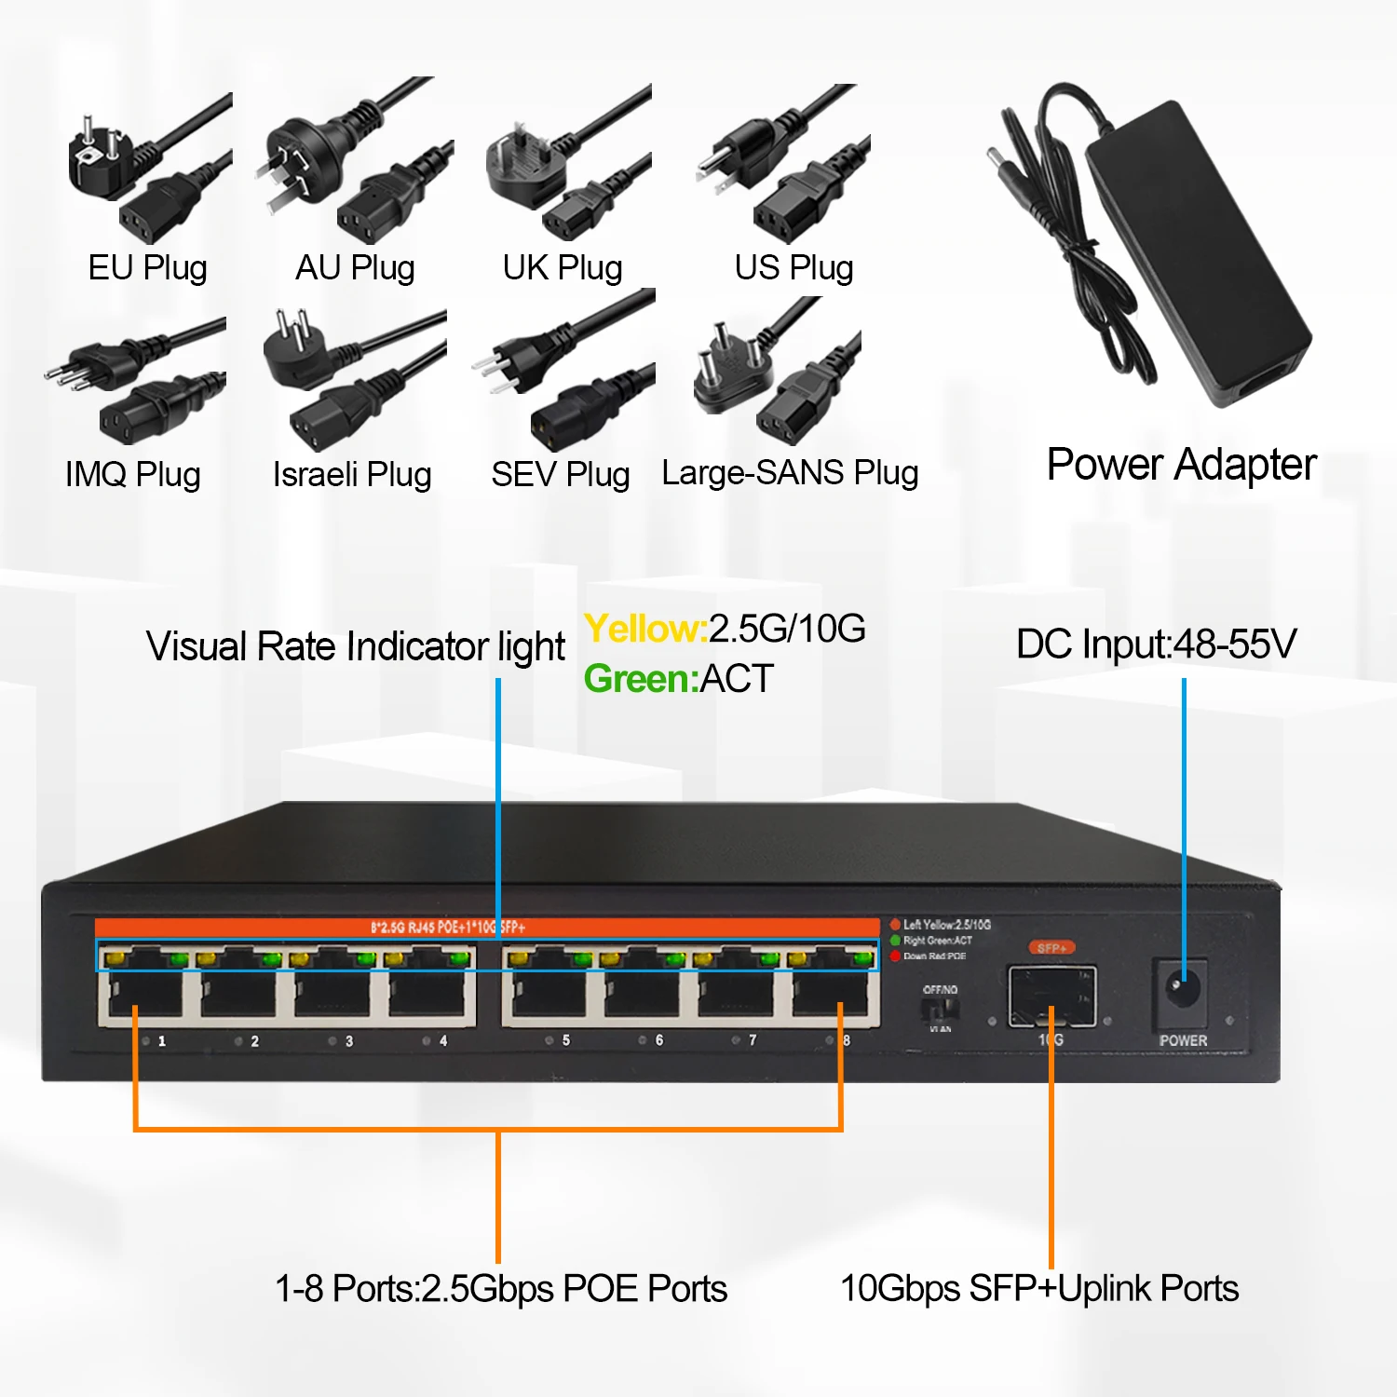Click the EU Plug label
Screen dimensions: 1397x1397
pos(147,268)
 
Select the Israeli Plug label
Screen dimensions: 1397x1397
pos(352,475)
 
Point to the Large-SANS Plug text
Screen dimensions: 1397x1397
pos(790,473)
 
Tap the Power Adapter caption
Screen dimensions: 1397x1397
pos(1181,465)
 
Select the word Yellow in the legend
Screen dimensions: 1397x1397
pos(644,630)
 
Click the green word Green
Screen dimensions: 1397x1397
pos(640,679)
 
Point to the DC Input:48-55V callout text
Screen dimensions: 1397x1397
pos(1156,644)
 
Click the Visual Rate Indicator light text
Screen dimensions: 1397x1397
pos(355,647)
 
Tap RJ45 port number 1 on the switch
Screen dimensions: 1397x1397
pos(144,994)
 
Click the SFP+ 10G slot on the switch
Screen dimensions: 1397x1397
pos(1051,995)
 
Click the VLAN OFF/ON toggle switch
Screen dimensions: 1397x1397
pos(940,1008)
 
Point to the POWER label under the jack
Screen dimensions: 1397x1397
pos(1183,1040)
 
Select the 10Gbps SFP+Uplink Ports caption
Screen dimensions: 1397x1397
pos(1039,1289)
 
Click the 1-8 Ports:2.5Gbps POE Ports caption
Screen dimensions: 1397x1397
pos(501,1289)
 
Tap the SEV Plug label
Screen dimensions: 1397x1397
pos(560,475)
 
